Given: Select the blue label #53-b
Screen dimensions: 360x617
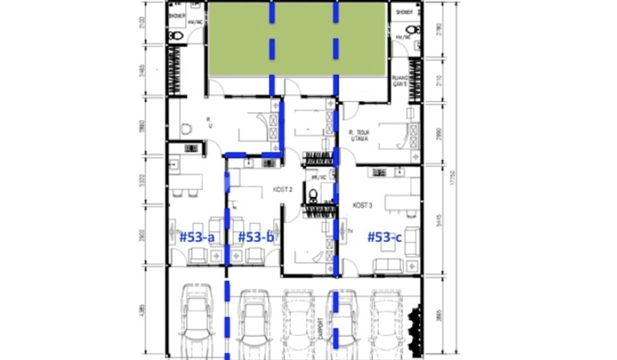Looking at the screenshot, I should click(255, 236).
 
